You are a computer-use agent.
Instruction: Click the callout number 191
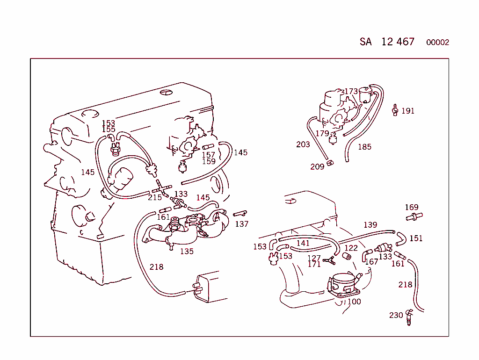pyautogui.click(x=408, y=111)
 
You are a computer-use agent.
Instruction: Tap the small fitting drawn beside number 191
pyautogui.click(x=395, y=110)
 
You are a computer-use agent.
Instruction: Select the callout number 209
pyautogui.click(x=317, y=167)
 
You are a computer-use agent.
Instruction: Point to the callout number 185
pyautogui.click(x=364, y=147)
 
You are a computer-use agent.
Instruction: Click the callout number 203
pyautogui.click(x=303, y=144)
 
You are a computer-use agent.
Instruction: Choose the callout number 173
pyautogui.click(x=351, y=91)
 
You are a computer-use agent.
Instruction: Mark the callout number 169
pyautogui.click(x=412, y=207)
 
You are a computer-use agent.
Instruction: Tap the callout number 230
pyautogui.click(x=396, y=315)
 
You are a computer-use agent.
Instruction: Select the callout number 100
pyautogui.click(x=354, y=302)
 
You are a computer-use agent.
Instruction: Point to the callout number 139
pyautogui.click(x=370, y=225)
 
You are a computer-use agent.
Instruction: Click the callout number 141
pyautogui.click(x=303, y=243)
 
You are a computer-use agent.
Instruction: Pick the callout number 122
pyautogui.click(x=351, y=248)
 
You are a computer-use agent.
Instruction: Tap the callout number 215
pyautogui.click(x=155, y=197)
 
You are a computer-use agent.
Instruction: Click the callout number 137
pyautogui.click(x=242, y=224)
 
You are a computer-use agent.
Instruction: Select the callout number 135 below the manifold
pyautogui.click(x=187, y=251)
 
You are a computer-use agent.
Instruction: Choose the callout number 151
pyautogui.click(x=416, y=238)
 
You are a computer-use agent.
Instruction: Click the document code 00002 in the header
pyautogui.click(x=437, y=42)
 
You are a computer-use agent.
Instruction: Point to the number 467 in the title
pyautogui.click(x=405, y=42)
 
